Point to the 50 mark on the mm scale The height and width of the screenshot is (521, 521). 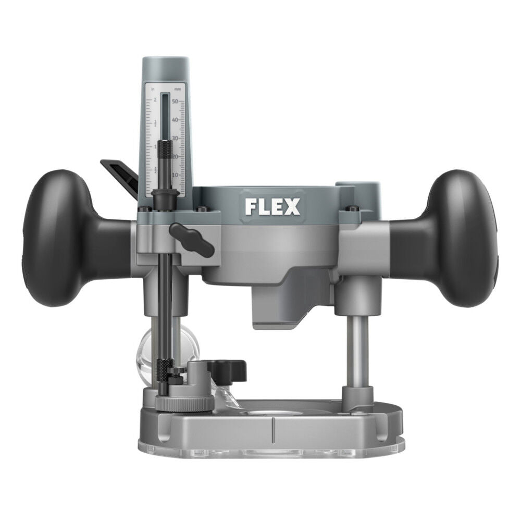point(175,101)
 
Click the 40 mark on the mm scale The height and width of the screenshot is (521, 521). point(176,119)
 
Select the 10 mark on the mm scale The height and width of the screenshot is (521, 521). point(176,175)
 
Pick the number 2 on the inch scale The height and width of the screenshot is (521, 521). point(155,100)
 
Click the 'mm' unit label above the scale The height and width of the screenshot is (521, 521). point(177,90)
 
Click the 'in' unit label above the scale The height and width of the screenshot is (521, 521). point(153,90)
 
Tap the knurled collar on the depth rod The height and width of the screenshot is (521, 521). point(165,150)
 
